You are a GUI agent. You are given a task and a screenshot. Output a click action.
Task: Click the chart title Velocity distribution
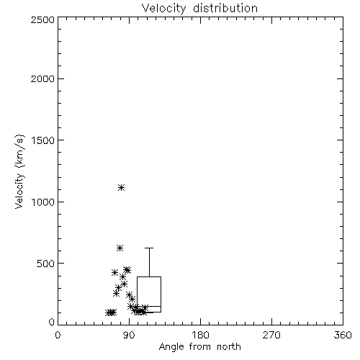[199, 8]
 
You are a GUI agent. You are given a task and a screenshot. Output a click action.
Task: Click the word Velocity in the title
[163, 9]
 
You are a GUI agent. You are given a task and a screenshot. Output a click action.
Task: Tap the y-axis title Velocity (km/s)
[19, 172]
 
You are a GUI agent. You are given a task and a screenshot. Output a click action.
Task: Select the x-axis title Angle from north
[199, 347]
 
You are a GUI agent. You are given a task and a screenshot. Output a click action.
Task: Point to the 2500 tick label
[42, 19]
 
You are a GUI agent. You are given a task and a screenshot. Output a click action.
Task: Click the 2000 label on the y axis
[42, 78]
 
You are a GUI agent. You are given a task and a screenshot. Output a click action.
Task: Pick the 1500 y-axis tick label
[43, 140]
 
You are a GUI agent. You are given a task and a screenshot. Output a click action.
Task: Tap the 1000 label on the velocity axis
[43, 202]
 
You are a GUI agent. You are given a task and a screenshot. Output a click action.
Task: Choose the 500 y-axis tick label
[46, 264]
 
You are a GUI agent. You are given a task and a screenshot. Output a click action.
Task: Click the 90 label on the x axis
[129, 335]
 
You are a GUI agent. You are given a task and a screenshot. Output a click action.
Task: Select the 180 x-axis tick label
[200, 335]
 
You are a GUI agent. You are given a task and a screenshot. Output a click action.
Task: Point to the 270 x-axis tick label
[271, 335]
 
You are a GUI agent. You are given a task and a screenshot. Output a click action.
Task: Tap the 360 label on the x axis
[343, 335]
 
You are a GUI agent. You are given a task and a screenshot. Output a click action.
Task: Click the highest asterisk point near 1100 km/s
[122, 187]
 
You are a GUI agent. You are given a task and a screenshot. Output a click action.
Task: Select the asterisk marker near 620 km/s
[120, 248]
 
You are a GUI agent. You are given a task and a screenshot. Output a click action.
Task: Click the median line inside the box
[149, 306]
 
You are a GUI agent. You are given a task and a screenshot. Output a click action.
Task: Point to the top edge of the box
[149, 276]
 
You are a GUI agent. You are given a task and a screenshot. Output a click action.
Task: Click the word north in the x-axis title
[229, 347]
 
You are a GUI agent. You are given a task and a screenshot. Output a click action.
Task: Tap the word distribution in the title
[225, 8]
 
